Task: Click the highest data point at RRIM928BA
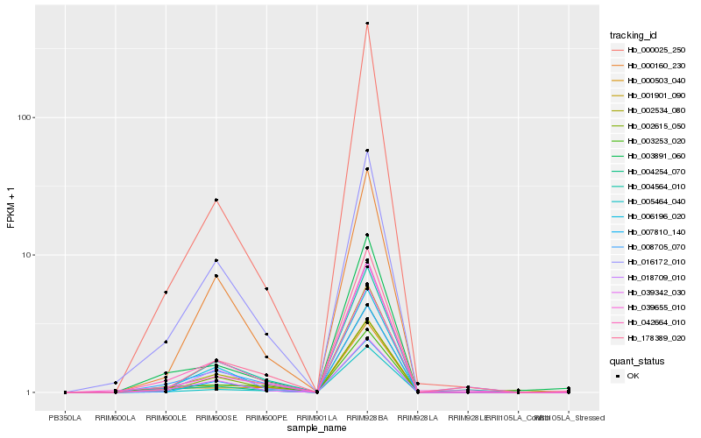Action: [367, 24]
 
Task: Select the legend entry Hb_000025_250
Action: [651, 50]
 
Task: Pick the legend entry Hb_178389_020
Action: [651, 337]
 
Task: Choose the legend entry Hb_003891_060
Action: [651, 156]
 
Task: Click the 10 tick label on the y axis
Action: [26, 255]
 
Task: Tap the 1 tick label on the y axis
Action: [29, 392]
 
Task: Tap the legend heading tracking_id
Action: [634, 35]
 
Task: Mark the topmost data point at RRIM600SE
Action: [216, 200]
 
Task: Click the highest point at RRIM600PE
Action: [266, 289]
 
